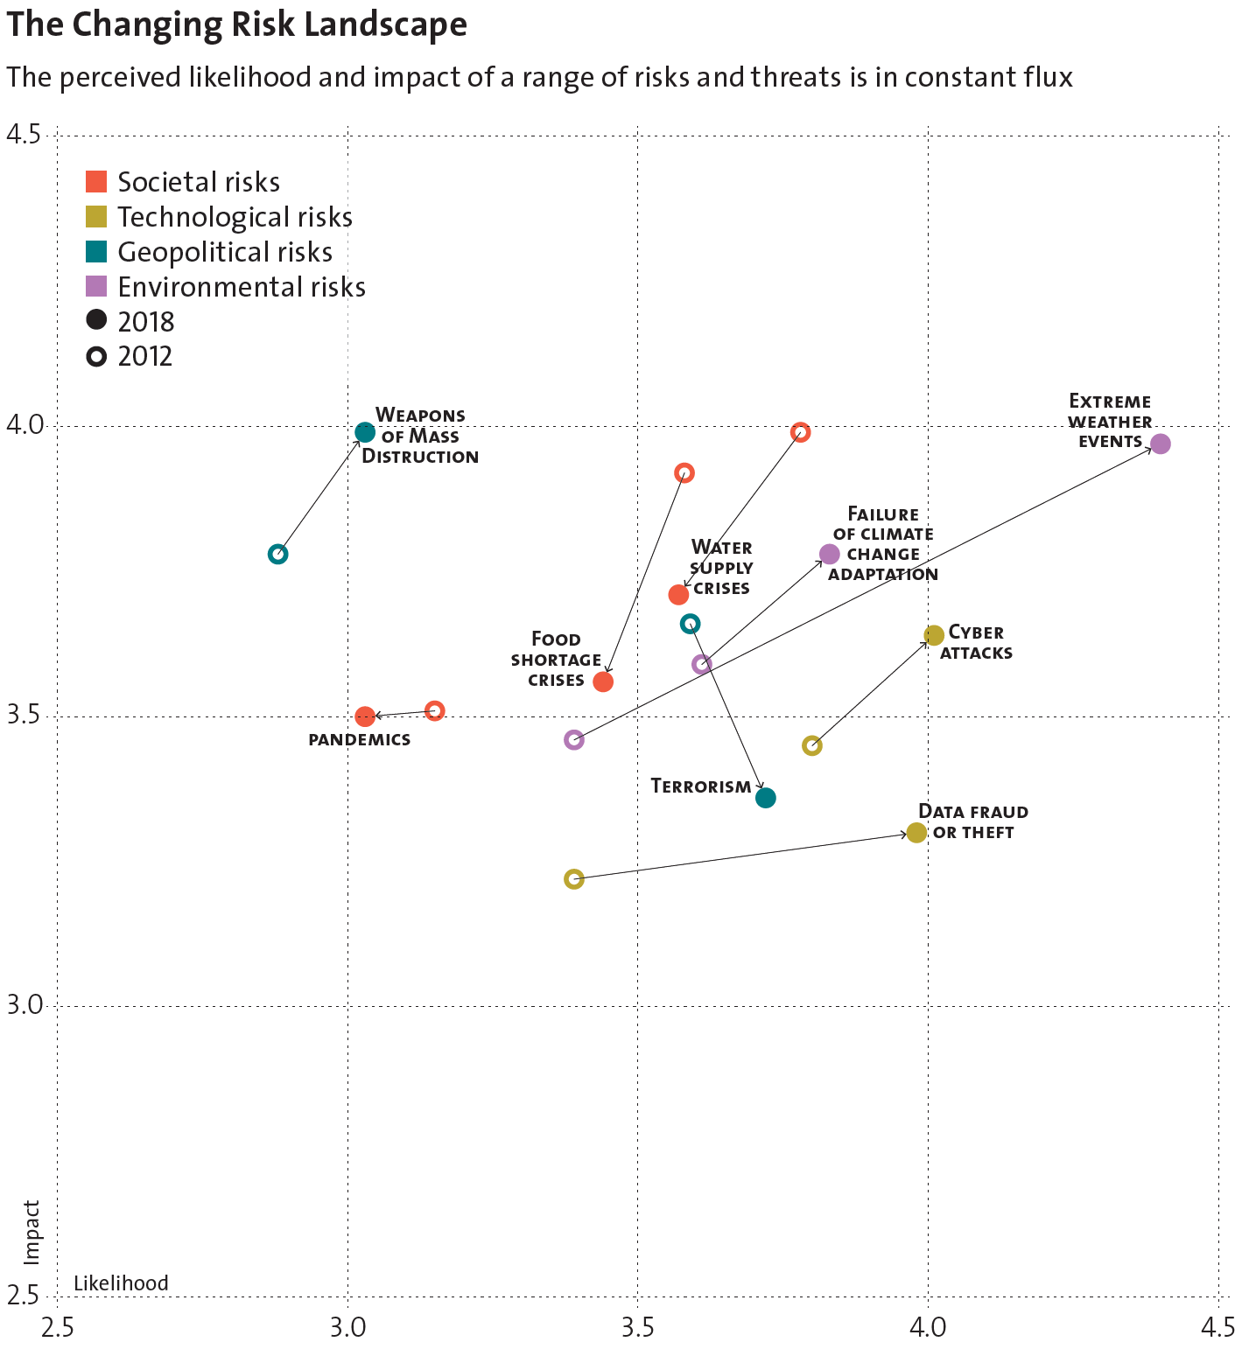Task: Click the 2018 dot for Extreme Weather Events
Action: coord(1160,444)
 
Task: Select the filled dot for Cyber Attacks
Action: coord(934,635)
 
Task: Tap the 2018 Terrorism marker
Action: coord(766,798)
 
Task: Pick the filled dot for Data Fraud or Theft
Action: coord(916,833)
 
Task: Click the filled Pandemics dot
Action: coord(365,716)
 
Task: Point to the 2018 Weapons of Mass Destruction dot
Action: coord(365,432)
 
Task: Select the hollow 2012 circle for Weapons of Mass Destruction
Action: coord(278,554)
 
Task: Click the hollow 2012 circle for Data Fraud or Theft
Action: coord(574,879)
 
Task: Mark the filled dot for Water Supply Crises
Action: coord(678,595)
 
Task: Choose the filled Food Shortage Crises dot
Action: coord(603,681)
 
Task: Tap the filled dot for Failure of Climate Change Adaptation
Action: coord(830,554)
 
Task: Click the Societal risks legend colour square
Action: coord(96,182)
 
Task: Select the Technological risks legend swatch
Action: coord(96,217)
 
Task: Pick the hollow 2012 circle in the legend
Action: coord(96,357)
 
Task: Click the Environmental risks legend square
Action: coord(96,287)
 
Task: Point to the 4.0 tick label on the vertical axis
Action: coord(24,426)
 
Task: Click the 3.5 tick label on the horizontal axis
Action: coord(637,1328)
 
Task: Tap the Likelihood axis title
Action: coord(121,1283)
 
